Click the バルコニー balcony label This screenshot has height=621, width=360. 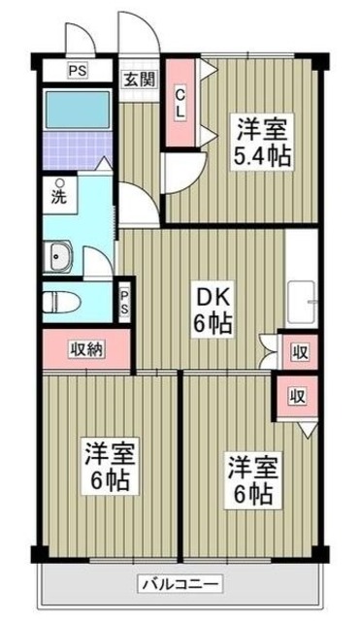pyautogui.click(x=180, y=583)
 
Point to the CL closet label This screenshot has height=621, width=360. pyautogui.click(x=180, y=102)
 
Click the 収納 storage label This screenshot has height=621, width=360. pyautogui.click(x=85, y=349)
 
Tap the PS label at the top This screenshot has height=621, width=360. pyautogui.click(x=76, y=71)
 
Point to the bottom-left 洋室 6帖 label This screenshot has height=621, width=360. pyautogui.click(x=108, y=466)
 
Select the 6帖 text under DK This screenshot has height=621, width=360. pyautogui.click(x=211, y=323)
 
